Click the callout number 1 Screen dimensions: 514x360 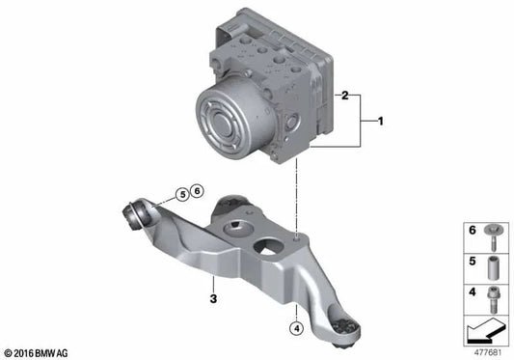[x=380, y=122]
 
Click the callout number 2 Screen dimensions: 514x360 [x=344, y=96]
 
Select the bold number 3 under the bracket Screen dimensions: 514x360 [x=213, y=299]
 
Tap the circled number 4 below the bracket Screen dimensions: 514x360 [x=297, y=328]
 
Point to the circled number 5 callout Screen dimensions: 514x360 [x=182, y=195]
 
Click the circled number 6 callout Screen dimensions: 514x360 [x=197, y=191]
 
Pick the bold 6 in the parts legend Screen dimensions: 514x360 [x=472, y=231]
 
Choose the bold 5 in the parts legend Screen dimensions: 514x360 [x=472, y=262]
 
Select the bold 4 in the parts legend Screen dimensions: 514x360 [x=472, y=291]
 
